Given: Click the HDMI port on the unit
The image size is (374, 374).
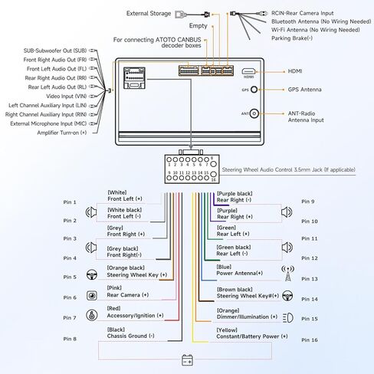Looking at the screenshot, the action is pyautogui.click(x=248, y=71).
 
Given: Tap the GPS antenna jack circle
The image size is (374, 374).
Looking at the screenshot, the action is pyautogui.click(x=254, y=90).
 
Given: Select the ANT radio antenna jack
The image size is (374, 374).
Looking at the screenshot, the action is pyautogui.click(x=254, y=113).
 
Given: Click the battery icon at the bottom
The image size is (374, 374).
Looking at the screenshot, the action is pyautogui.click(x=187, y=360).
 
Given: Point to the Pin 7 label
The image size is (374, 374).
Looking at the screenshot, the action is pyautogui.click(x=70, y=318).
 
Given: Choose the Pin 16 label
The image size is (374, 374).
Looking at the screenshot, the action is pyautogui.click(x=310, y=340).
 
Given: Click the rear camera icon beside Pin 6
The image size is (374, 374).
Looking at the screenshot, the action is pyautogui.click(x=92, y=296).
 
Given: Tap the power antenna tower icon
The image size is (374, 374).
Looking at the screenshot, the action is pyautogui.click(x=288, y=273).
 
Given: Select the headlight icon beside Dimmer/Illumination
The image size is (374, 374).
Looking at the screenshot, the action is pyautogui.click(x=288, y=318).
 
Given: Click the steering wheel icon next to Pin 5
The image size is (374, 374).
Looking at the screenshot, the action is pyautogui.click(x=92, y=274).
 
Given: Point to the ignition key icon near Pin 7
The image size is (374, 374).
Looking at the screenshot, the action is pyautogui.click(x=92, y=315).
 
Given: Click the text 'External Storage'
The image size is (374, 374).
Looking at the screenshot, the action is pyautogui.click(x=149, y=14).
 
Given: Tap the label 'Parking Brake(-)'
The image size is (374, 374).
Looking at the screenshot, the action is pyautogui.click(x=292, y=38).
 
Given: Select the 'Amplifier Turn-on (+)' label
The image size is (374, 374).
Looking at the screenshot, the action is pyautogui.click(x=62, y=133).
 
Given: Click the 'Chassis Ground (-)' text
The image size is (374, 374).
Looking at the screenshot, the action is pyautogui.click(x=131, y=336).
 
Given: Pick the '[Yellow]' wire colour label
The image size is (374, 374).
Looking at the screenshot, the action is pyautogui.click(x=227, y=330).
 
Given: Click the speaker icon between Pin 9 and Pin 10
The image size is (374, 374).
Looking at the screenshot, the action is pyautogui.click(x=287, y=212).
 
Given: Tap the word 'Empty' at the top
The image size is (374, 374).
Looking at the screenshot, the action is pyautogui.click(x=198, y=26).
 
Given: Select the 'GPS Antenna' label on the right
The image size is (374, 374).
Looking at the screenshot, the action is pyautogui.click(x=304, y=90).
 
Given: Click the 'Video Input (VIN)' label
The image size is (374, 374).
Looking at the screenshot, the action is pyautogui.click(x=67, y=97).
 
